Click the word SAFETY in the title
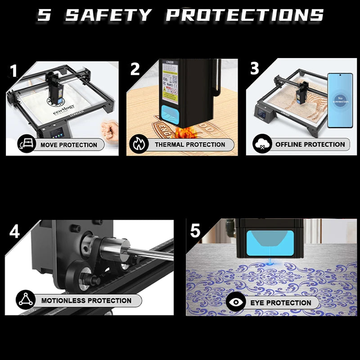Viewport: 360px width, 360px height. [109, 15]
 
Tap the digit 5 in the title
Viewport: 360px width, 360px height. [44, 15]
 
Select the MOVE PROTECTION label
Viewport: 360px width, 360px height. [68, 145]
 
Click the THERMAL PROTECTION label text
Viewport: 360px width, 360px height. [190, 144]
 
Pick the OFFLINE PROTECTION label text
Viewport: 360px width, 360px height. [310, 144]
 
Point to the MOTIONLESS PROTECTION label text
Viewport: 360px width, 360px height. [86, 300]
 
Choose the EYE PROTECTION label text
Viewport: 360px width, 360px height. [281, 302]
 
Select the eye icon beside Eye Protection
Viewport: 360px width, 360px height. [236, 302]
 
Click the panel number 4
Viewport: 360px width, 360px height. [14, 231]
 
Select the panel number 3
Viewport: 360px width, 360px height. [254, 68]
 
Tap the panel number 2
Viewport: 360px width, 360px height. [135, 69]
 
